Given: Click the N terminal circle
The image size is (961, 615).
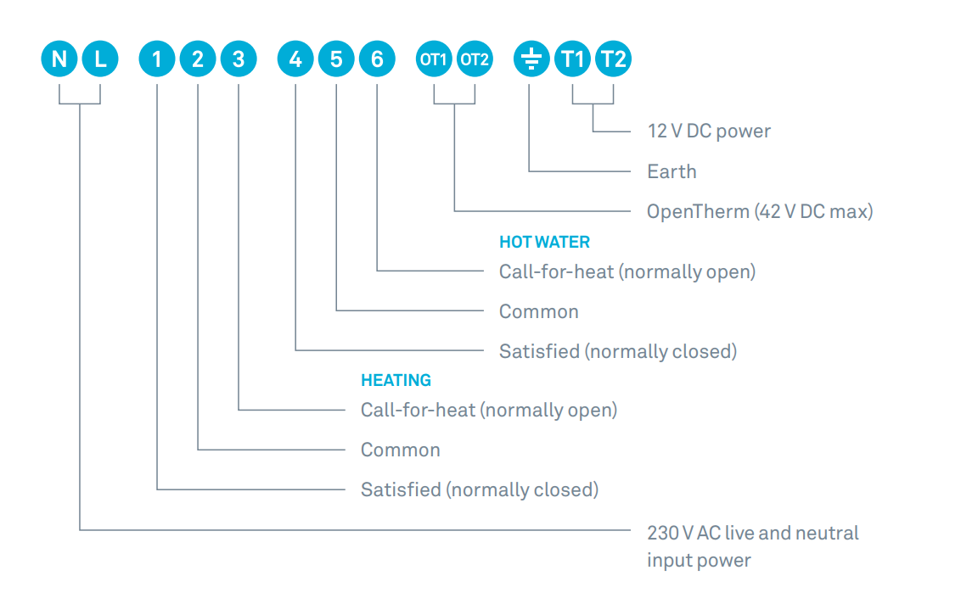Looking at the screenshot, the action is (x=59, y=59).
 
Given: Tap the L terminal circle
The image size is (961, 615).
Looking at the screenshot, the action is (x=100, y=59).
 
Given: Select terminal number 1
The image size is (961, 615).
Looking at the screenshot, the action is (x=157, y=59).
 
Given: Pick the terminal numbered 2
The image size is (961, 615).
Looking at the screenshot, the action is (x=197, y=59).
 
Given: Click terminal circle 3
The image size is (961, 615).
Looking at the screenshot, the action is (x=239, y=59).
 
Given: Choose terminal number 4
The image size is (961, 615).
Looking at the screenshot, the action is (x=295, y=59).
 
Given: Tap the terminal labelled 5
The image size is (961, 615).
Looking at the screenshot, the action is (x=336, y=59).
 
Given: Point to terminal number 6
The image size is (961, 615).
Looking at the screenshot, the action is (x=377, y=59).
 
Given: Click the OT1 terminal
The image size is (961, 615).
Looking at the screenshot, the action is (x=434, y=59).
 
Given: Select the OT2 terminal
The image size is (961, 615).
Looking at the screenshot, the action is (x=475, y=59).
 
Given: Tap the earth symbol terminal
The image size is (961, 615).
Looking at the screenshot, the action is (x=531, y=59).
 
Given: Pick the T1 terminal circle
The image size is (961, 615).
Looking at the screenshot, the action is (x=572, y=59).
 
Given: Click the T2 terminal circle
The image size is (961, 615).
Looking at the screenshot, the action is (x=613, y=59).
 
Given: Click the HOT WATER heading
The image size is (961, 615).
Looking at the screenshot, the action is (x=544, y=242).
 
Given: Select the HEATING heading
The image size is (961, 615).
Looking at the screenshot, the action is (x=396, y=380).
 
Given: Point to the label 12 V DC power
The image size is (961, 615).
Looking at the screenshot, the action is (x=709, y=131).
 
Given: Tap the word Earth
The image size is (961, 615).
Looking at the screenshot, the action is (x=672, y=171).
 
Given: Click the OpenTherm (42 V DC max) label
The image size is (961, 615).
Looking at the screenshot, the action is (x=760, y=212).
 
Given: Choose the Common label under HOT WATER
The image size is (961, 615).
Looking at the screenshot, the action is (x=539, y=312).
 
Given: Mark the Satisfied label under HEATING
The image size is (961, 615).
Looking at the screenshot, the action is (x=480, y=490).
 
